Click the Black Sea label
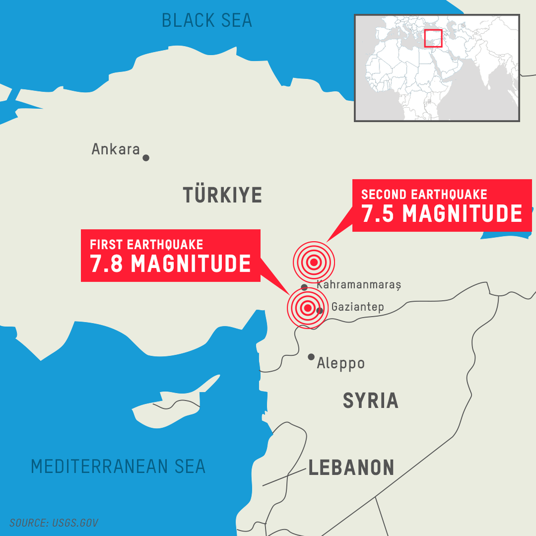pos(207,20)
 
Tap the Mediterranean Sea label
pos(118,466)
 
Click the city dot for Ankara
pos(146,158)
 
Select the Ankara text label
pos(116,149)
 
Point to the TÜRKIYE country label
pos(222,195)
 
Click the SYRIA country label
pos(370,400)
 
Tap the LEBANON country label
pos(351,467)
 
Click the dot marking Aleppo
pos(311,357)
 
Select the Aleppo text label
pos(341,363)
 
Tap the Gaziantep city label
pos(358,307)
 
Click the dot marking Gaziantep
pos(319,310)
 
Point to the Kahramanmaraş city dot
pos(304,287)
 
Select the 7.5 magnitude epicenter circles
pos(314,262)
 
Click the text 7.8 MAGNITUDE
pos(170,264)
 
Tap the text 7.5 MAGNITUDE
pos(442,213)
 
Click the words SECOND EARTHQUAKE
pos(424,194)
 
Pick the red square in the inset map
pos(433,39)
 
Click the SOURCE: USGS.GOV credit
pos(54,523)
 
